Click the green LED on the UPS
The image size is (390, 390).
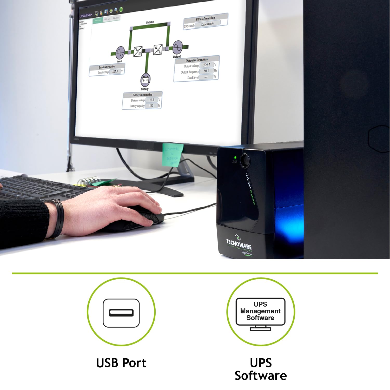pyautogui.click(x=235, y=157)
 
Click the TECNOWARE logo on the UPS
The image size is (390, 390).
pyautogui.click(x=239, y=243)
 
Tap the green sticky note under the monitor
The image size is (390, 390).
pyautogui.click(x=173, y=155)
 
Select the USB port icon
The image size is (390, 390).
pyautogui.click(x=121, y=313)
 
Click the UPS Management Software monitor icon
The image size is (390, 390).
pyautogui.click(x=260, y=314)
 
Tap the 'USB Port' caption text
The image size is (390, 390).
pyautogui.click(x=121, y=363)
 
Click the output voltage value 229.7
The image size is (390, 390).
pyautogui.click(x=207, y=65)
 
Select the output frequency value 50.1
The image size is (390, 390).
pyautogui.click(x=206, y=71)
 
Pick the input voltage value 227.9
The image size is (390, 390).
pyautogui.click(x=115, y=71)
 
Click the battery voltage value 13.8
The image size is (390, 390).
pyautogui.click(x=152, y=100)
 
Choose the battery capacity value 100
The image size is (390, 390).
pyautogui.click(x=151, y=105)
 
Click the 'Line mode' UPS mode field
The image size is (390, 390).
pyautogui.click(x=207, y=24)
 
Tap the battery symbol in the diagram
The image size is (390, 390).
pyautogui.click(x=146, y=80)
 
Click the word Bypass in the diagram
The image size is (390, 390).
pyautogui.click(x=150, y=22)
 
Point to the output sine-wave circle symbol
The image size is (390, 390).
pyautogui.click(x=177, y=47)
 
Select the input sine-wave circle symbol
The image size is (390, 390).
pyautogui.click(x=120, y=53)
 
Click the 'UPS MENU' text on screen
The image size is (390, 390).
pyautogui.click(x=85, y=16)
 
